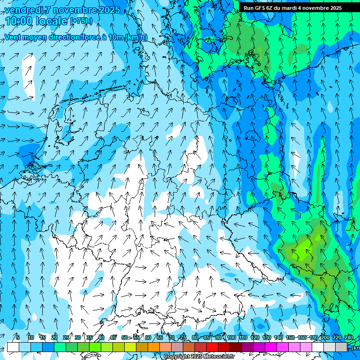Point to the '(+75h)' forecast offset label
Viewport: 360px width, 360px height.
click(x=81, y=21)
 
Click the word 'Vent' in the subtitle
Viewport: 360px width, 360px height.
click(x=13, y=37)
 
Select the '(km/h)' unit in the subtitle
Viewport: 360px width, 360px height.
click(x=136, y=37)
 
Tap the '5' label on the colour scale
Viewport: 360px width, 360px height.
click(x=18, y=337)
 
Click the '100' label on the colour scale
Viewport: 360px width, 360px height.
click(x=231, y=337)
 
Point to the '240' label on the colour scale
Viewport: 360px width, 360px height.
click(x=348, y=337)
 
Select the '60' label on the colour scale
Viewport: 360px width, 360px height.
click(x=148, y=337)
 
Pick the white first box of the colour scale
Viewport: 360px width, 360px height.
click(x=13, y=347)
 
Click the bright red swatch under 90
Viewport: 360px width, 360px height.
click(x=212, y=347)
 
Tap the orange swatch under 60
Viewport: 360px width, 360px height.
click(x=142, y=347)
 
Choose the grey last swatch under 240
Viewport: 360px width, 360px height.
click(x=341, y=347)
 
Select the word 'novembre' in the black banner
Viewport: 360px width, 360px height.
click(x=313, y=7)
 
